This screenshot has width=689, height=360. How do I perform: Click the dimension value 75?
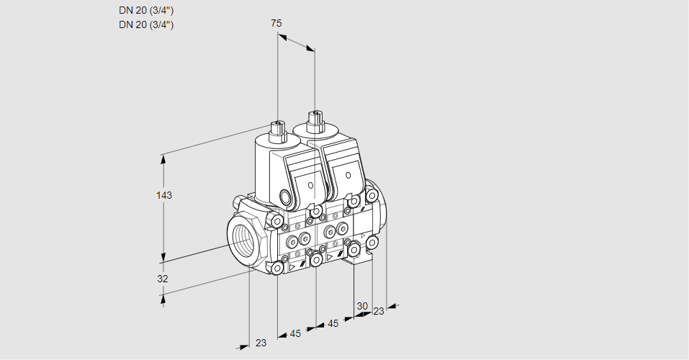276,23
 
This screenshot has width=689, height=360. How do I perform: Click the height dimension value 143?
165,195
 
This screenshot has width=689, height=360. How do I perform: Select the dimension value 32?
163,279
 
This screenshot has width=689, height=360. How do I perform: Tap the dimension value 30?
362,305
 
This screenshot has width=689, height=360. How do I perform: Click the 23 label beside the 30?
379,311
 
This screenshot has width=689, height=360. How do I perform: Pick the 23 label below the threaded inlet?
261,343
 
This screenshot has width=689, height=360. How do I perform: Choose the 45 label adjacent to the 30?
333,323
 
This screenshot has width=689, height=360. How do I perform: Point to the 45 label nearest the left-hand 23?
295,333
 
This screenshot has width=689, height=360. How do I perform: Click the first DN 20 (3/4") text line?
146,10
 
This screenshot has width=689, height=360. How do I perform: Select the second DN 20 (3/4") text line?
146,24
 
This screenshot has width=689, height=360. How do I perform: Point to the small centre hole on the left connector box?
310,185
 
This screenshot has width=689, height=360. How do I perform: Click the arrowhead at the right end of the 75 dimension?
311,48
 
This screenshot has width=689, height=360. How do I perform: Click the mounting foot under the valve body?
359,262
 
